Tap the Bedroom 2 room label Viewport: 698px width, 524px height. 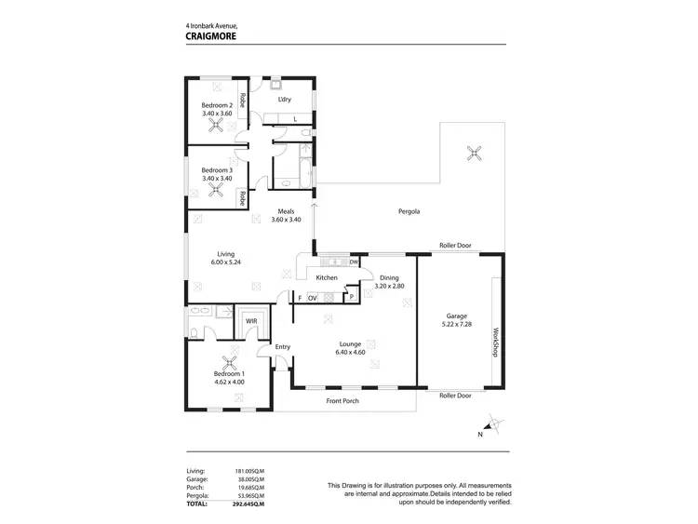point(217,105)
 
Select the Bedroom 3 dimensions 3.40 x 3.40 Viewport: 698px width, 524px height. point(217,178)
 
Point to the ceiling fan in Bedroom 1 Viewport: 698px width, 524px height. point(229,365)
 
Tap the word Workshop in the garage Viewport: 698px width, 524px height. point(496,343)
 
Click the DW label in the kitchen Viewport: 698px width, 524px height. point(354,262)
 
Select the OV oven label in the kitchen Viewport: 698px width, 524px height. point(314,298)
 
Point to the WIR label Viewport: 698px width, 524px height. point(251,321)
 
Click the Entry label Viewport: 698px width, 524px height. point(283,347)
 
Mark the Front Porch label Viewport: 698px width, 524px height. point(342,401)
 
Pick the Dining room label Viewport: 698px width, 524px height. point(389,278)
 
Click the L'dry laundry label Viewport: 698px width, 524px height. point(286,99)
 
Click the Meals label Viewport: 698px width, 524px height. point(287,211)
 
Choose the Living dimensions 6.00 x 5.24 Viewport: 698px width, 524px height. point(226,262)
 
